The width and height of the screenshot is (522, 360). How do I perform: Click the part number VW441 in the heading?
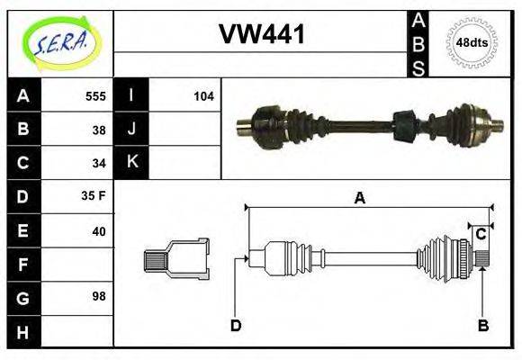coord(262,34)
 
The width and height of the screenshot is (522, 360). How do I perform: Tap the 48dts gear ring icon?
coord(472,42)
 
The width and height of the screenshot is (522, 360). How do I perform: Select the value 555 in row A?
coord(94,96)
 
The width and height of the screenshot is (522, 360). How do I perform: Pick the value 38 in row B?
coord(99,130)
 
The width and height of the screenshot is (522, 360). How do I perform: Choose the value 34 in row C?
coord(99,164)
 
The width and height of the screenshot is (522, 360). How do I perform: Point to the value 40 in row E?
coord(99,231)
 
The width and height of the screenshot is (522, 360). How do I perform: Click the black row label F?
coord(23,265)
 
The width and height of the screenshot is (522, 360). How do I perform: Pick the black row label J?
coord(131,130)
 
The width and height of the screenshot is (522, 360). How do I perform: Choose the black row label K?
coord(131,163)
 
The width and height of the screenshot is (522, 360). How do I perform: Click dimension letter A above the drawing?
coord(359,199)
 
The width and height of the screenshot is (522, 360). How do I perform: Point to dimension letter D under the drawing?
coord(235,326)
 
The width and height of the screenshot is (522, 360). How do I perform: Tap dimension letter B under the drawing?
coord(482,326)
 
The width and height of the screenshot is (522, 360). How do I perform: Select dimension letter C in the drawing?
coord(481,234)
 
